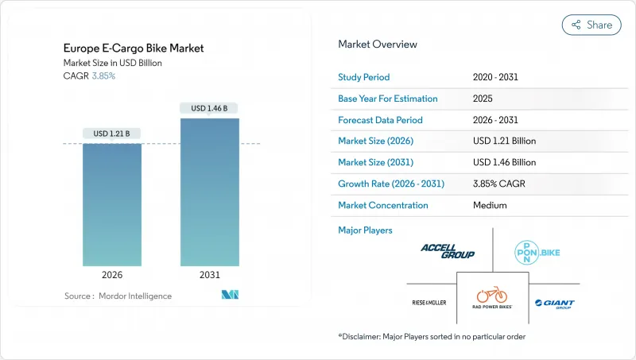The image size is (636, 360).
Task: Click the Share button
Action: pos(591,25)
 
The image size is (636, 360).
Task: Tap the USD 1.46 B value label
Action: pos(210,107)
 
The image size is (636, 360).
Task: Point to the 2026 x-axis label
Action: pos(112,274)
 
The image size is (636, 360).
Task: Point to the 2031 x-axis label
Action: pos(210,274)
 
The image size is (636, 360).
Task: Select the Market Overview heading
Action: pos(378,45)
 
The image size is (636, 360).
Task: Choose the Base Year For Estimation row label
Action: pos(388,99)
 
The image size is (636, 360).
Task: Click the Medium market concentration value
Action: pos(489,205)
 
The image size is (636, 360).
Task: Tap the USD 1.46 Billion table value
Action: pos(504,163)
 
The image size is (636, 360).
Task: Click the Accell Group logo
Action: pos(448,252)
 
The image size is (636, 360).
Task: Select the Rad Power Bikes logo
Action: pos(492,298)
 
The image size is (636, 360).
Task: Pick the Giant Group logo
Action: pos(554,304)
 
